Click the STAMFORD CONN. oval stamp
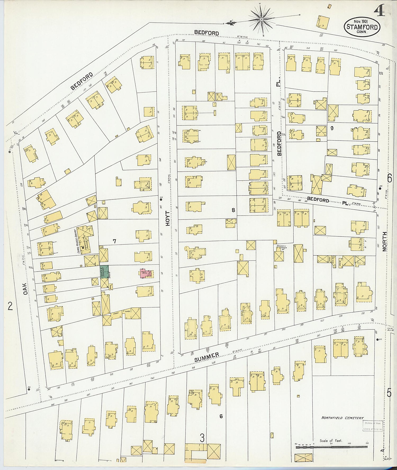point(362,27)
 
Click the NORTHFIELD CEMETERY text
point(342,418)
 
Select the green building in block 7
point(104,272)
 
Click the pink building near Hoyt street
point(145,273)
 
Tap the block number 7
point(114,241)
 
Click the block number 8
point(233,210)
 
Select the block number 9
point(332,128)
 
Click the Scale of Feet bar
point(331,447)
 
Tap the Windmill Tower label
point(282,247)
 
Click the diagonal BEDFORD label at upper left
point(82,81)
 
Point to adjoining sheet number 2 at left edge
point(10,306)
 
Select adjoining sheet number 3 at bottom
point(202,438)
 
